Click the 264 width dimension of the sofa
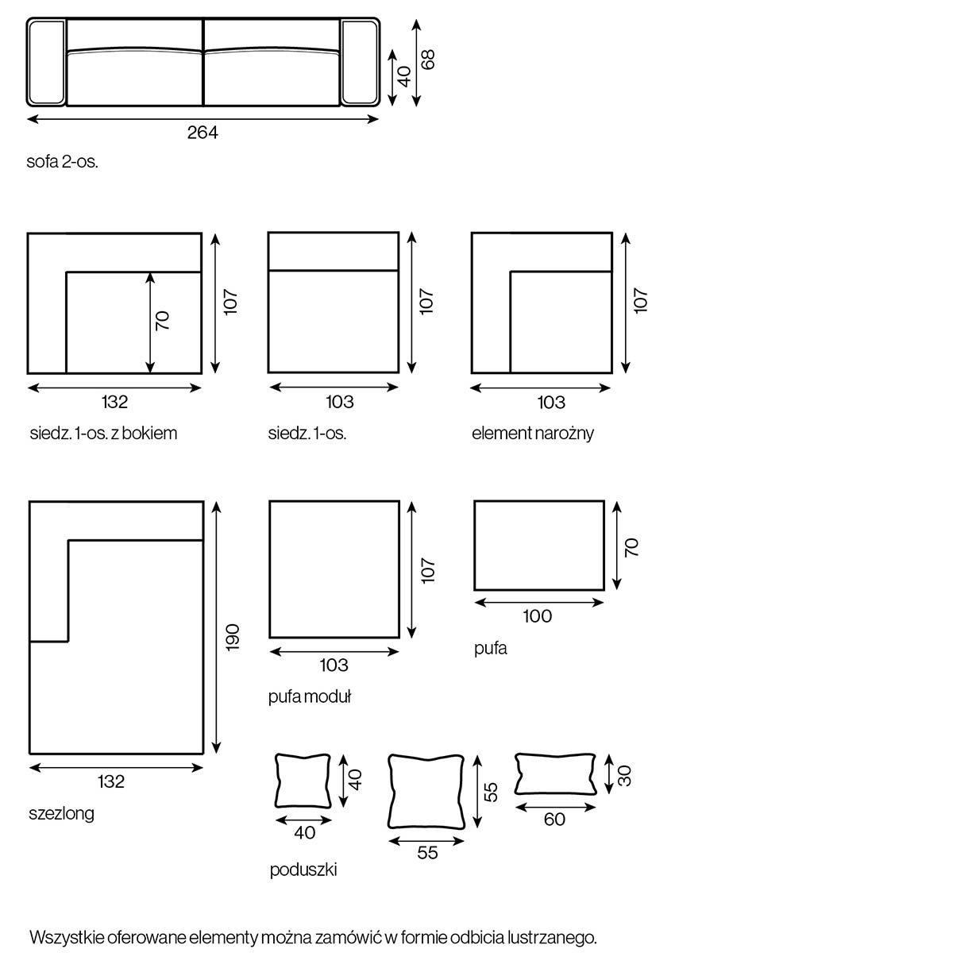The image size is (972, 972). tap(202, 133)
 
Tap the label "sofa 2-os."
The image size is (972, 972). tap(63, 162)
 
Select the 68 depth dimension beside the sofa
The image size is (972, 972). tap(428, 60)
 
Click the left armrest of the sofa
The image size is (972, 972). tap(46, 62)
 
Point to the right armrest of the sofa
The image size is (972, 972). tap(361, 62)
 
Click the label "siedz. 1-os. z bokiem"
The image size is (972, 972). tap(103, 434)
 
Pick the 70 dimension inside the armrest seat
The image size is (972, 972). tap(162, 321)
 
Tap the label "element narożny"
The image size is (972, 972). tap(532, 434)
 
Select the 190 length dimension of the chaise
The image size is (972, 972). tap(232, 638)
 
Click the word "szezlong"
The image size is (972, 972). tap(61, 813)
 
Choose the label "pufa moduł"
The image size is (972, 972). tap(310, 697)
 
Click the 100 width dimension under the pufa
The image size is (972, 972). tap(538, 616)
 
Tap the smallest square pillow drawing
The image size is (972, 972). tap(303, 780)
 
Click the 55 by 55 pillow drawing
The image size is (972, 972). tap(426, 791)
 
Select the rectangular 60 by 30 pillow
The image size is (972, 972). tap(555, 773)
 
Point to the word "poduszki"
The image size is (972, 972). tap(303, 870)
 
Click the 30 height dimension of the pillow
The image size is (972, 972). tap(625, 775)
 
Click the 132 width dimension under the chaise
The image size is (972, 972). tap(111, 781)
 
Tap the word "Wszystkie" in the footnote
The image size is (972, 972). tap(66, 938)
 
